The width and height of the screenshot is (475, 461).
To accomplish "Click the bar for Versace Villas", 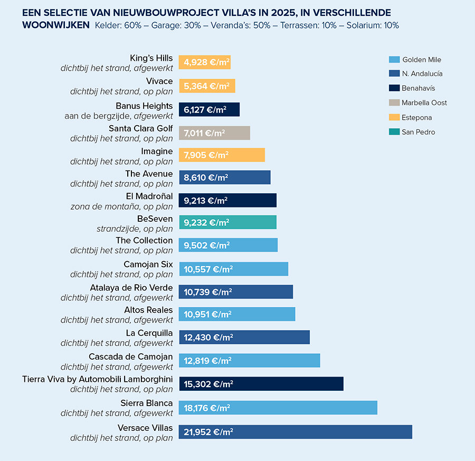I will pyautogui.click(x=295, y=431).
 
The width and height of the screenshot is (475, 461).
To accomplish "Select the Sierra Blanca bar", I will pyautogui.click(x=278, y=408).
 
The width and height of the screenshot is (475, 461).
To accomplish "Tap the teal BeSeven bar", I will pyautogui.click(x=227, y=222).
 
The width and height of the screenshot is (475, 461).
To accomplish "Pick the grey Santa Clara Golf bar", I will pyautogui.click(x=214, y=133).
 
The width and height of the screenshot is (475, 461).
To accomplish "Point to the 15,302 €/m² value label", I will pyautogui.click(x=208, y=384).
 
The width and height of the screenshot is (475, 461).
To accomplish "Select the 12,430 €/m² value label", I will pyautogui.click(x=208, y=337).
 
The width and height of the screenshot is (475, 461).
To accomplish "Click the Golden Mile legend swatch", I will pyautogui.click(x=393, y=60).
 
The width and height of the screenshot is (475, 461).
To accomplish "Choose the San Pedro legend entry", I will pyautogui.click(x=418, y=132).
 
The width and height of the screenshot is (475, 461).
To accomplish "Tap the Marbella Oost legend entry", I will pyautogui.click(x=424, y=103).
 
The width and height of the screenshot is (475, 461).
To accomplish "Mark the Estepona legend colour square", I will pyautogui.click(x=393, y=117).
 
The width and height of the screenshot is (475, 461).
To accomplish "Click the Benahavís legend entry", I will pyautogui.click(x=418, y=88).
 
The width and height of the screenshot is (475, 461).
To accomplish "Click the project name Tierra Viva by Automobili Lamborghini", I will pyautogui.click(x=97, y=379).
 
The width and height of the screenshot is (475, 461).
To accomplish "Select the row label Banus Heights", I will pyautogui.click(x=144, y=106).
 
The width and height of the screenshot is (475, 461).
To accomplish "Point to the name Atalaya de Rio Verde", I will pyautogui.click(x=131, y=287).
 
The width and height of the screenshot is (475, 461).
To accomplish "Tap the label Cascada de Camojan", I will pyautogui.click(x=130, y=357).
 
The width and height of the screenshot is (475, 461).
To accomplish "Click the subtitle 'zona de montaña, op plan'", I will pyautogui.click(x=121, y=206).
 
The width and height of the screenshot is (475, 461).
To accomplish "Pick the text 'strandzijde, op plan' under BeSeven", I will pyautogui.click(x=135, y=229).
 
